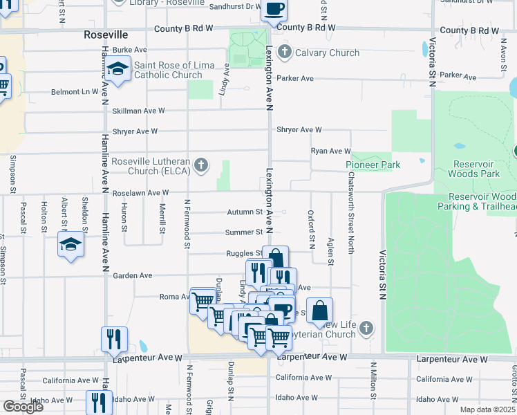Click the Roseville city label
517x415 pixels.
[x=106, y=34]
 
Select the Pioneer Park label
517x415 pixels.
[x=373, y=165]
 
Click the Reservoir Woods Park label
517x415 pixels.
[x=473, y=169]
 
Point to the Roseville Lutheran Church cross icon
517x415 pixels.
[x=200, y=165]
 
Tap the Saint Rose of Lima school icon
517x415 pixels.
[x=118, y=69]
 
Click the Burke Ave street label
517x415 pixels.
[x=130, y=50]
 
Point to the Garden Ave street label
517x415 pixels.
[x=132, y=275]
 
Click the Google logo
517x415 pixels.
[x=23, y=407]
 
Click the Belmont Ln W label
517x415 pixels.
[x=75, y=91]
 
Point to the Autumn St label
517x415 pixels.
[x=245, y=212]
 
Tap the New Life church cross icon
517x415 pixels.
[x=367, y=328]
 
